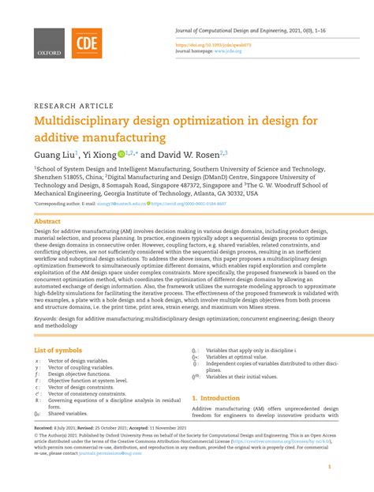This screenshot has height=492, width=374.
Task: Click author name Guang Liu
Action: tap(54, 156)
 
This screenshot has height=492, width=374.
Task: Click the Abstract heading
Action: tap(48, 222)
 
